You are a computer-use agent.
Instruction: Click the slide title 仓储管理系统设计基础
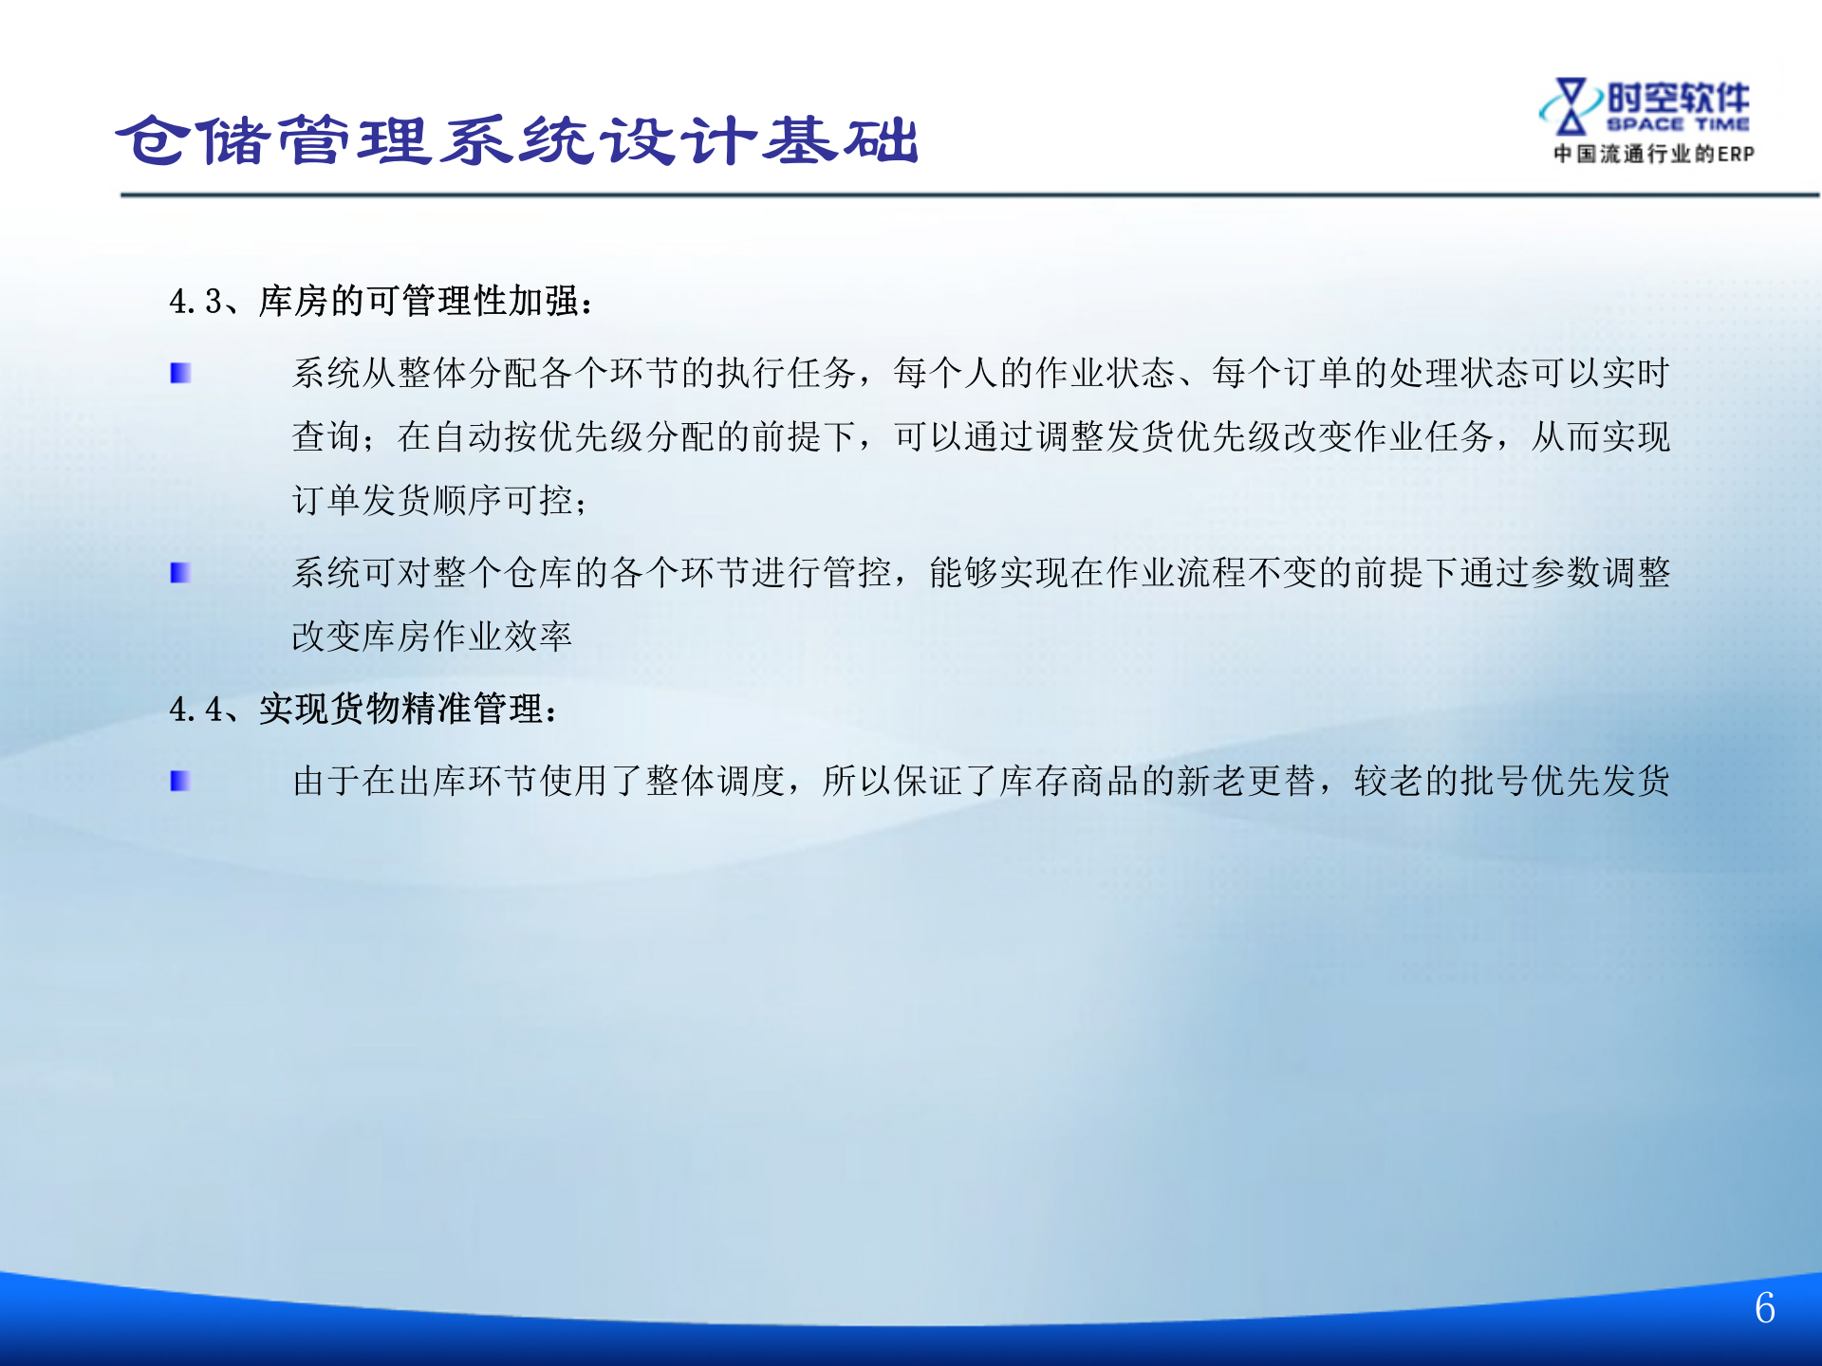(x=517, y=140)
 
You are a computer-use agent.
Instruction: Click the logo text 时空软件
(x=1678, y=97)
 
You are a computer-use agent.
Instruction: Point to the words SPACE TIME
(x=1678, y=124)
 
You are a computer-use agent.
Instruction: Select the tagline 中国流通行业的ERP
(x=1653, y=154)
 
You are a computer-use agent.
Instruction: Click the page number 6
(x=1764, y=1308)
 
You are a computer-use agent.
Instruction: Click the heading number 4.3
(x=195, y=302)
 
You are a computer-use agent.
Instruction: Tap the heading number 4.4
(x=195, y=710)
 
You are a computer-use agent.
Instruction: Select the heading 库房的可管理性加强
(x=418, y=302)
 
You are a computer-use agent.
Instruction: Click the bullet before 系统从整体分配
(x=180, y=374)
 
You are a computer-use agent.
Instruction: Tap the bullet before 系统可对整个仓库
(x=180, y=573)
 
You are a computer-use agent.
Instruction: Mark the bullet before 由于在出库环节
(x=180, y=781)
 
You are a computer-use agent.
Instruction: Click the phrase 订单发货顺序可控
(x=432, y=500)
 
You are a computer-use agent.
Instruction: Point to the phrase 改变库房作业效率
(x=432, y=637)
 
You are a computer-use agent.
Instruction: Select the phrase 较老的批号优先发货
(x=1512, y=781)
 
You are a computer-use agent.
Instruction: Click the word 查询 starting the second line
(x=326, y=436)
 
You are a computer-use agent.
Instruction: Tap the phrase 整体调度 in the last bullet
(x=716, y=781)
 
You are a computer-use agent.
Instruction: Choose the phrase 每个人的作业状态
(x=1034, y=374)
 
